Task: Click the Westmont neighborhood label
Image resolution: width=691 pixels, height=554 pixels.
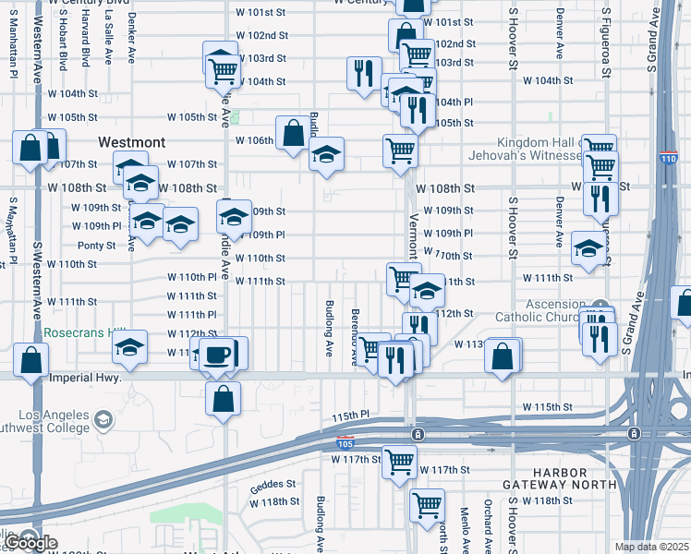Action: (x=133, y=142)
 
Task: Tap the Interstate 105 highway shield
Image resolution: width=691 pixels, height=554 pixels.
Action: (x=345, y=444)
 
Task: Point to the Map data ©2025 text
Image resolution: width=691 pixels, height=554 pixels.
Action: (x=652, y=547)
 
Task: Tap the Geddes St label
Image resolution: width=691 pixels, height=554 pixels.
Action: (x=273, y=483)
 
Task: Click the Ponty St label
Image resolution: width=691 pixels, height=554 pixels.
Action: (x=96, y=246)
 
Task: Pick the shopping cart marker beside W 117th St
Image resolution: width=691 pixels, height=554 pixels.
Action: (x=400, y=461)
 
